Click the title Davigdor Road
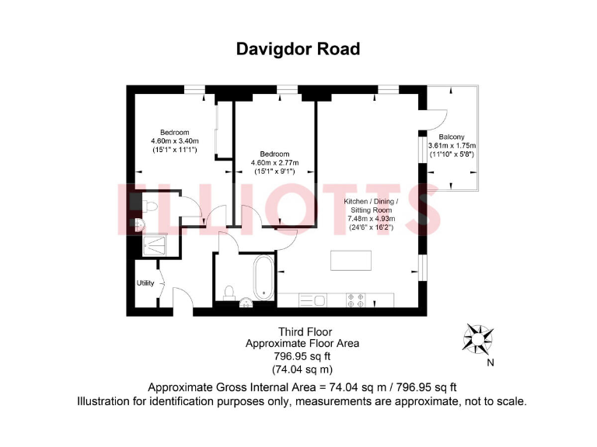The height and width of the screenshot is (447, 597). (x=298, y=49)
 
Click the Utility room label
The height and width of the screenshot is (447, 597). (x=145, y=283)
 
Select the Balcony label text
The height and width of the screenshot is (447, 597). (x=452, y=137)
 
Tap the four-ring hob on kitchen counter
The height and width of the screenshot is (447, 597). (x=355, y=300)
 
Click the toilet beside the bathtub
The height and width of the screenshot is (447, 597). (x=230, y=293)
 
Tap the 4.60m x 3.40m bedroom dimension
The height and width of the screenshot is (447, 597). (x=175, y=140)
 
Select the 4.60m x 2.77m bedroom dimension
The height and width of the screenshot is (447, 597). (x=274, y=162)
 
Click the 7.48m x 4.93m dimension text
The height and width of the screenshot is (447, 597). (x=371, y=219)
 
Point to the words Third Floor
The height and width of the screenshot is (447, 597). (x=299, y=332)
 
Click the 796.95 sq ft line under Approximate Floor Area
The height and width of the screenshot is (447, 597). (x=299, y=356)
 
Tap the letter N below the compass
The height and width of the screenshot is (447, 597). (x=489, y=362)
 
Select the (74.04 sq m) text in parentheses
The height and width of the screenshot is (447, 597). (x=299, y=369)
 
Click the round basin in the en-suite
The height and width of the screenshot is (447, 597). (x=138, y=224)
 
